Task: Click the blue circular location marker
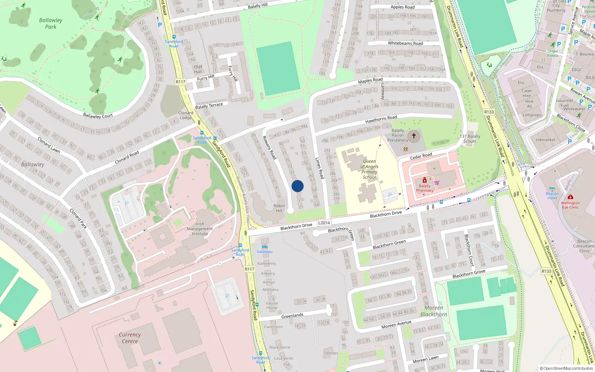(x=297, y=186)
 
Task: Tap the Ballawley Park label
(x=51, y=23)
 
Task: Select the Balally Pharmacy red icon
(x=425, y=180)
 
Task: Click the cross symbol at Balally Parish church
(x=414, y=136)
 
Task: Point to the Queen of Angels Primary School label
(x=369, y=169)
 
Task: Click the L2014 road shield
(x=324, y=223)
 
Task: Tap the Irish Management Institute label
(x=200, y=229)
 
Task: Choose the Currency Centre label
(x=130, y=338)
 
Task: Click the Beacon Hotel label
(x=552, y=196)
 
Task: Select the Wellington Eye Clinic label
(x=570, y=205)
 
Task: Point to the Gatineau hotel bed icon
(x=264, y=247)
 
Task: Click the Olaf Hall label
(x=198, y=69)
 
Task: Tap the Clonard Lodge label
(x=186, y=115)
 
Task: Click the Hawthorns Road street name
(x=381, y=119)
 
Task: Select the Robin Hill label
(x=279, y=208)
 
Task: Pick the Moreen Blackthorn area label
(x=434, y=311)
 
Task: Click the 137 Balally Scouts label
(x=470, y=138)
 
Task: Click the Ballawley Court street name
(x=98, y=116)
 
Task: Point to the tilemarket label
(x=546, y=140)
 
